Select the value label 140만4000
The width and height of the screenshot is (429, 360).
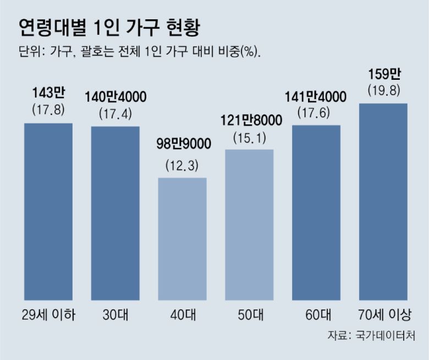click(116, 97)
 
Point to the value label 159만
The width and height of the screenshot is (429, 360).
click(383, 74)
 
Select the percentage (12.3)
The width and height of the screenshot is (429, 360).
click(183, 165)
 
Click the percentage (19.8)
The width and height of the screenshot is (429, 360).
click(383, 90)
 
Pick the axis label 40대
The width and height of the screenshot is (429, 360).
click(183, 315)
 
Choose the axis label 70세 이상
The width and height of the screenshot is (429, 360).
click(383, 315)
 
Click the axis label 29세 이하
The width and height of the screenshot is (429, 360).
click(48, 315)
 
